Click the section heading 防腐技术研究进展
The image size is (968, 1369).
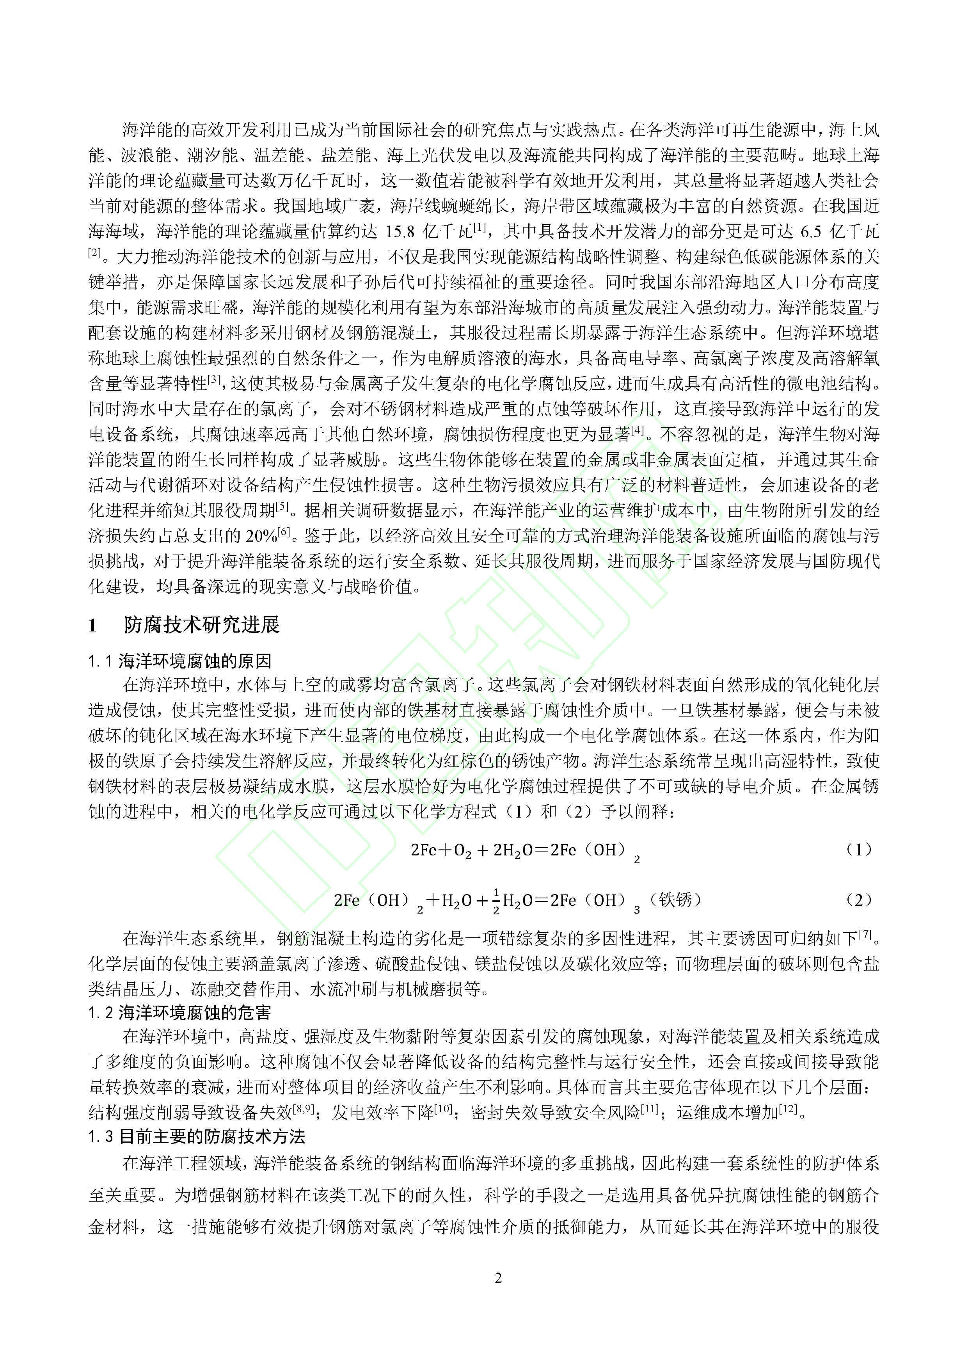(201, 625)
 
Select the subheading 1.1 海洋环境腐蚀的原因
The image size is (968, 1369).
(180, 661)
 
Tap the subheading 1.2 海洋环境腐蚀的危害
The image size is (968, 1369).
(180, 1012)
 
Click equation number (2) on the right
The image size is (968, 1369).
(859, 900)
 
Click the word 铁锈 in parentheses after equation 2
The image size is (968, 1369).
(675, 899)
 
